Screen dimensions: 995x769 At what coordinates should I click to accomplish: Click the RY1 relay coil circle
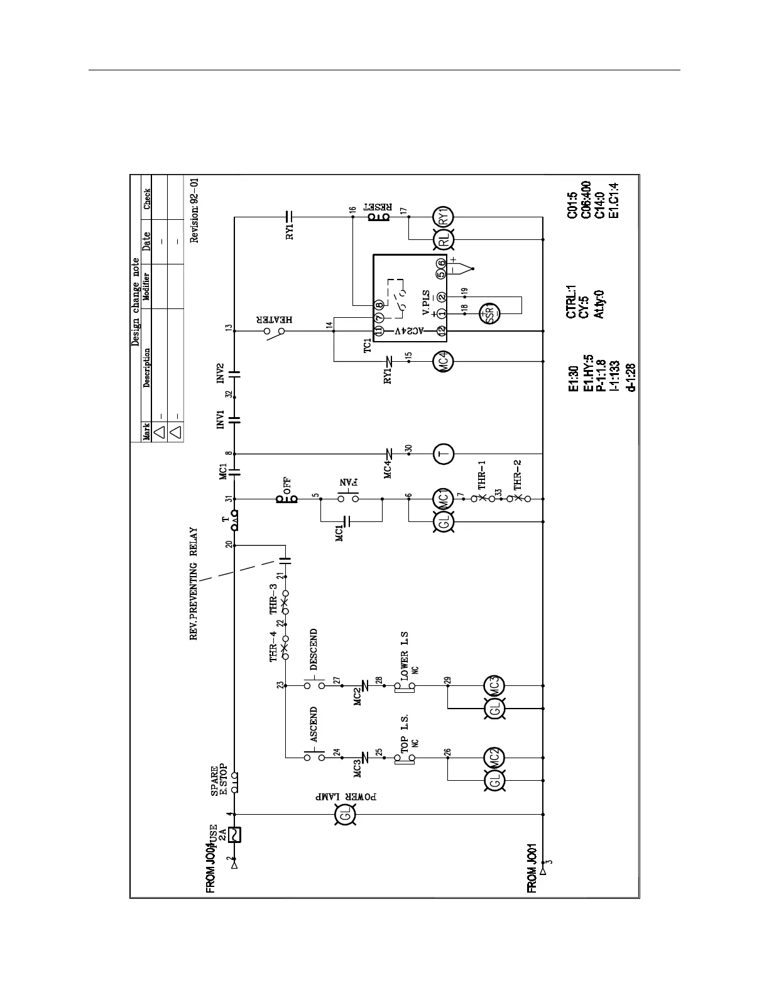pyautogui.click(x=444, y=217)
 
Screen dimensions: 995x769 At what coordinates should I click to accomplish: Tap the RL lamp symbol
pyautogui.click(x=444, y=239)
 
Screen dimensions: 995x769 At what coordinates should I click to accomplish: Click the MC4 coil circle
pyautogui.click(x=444, y=361)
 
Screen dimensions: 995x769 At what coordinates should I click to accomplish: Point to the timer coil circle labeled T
pyautogui.click(x=444, y=454)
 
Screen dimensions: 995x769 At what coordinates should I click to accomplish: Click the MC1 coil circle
pyautogui.click(x=444, y=499)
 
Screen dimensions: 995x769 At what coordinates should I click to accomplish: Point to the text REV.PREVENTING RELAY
pyautogui.click(x=195, y=584)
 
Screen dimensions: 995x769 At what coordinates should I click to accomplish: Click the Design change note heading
pyautogui.click(x=135, y=302)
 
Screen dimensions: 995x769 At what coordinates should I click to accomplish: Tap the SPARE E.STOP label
pyautogui.click(x=219, y=781)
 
